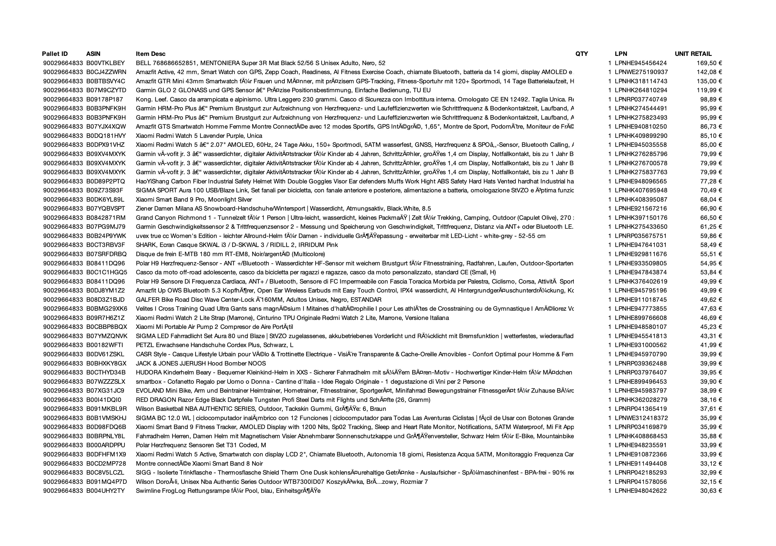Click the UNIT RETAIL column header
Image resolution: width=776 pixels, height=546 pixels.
tap(693, 54)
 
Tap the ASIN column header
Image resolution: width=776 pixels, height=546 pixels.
tap(93, 54)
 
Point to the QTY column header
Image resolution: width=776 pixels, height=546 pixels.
tap(582, 54)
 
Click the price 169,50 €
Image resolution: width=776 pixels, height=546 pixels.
tap(709, 63)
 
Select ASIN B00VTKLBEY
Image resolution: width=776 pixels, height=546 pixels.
tap(106, 63)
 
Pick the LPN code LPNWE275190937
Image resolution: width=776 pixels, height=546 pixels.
tap(641, 72)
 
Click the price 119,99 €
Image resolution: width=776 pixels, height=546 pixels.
tap(709, 90)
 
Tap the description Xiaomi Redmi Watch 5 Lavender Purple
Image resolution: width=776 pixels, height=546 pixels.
tap(199, 136)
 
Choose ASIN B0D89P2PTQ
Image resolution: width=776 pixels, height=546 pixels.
tap(106, 181)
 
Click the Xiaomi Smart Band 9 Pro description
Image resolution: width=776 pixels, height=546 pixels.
tap(194, 199)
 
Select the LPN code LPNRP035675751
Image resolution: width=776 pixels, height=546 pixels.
tap(641, 236)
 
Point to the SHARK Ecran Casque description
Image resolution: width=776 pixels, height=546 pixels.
tap(237, 245)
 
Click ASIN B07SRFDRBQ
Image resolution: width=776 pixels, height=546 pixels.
tap(106, 254)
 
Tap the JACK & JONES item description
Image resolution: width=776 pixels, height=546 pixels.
tap(201, 363)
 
